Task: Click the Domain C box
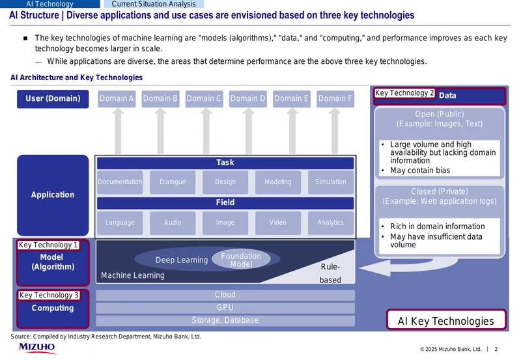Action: coord(204,99)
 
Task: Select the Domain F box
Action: coord(335,99)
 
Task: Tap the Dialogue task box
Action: coord(173,182)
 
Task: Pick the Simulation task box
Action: coord(331,182)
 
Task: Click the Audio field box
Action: coord(173,223)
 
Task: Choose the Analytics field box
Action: coord(331,223)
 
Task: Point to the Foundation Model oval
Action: coord(241,260)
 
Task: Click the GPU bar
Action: coord(225,308)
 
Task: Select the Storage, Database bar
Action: coord(225,320)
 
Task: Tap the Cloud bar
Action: coord(225,295)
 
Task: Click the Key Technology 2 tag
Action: coord(404,93)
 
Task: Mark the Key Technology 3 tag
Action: coord(49,296)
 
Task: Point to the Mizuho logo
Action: coord(37,348)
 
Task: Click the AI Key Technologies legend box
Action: coord(446,320)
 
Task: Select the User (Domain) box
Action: coord(53,99)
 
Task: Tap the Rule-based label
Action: coord(330,273)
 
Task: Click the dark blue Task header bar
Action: coord(225,163)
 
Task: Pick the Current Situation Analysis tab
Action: coord(154,4)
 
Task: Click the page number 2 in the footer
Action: coord(496,349)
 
